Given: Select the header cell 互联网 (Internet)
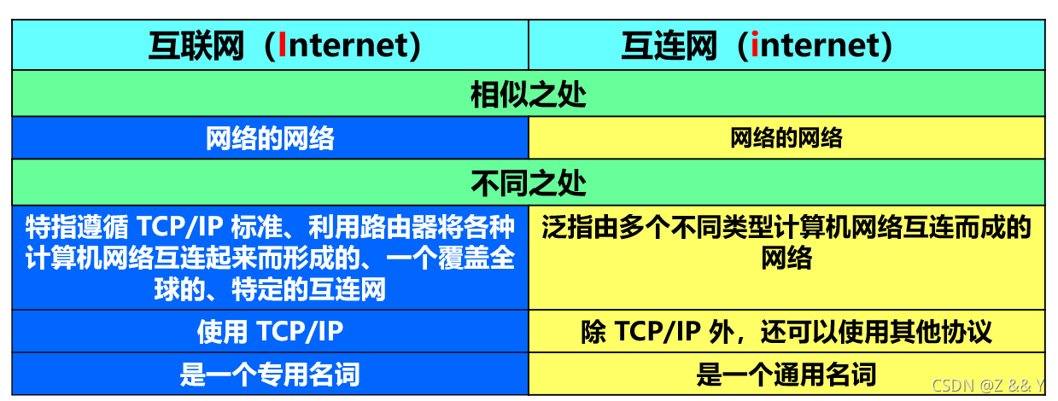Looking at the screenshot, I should tap(285, 45).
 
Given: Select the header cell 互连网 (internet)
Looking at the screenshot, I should tap(757, 45).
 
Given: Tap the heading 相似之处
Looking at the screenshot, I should tap(529, 94).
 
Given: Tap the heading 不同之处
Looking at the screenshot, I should tap(529, 182).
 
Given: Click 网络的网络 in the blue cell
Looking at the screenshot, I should tap(270, 138).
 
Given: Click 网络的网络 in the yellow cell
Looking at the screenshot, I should tap(786, 138).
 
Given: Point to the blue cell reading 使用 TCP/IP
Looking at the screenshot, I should tap(270, 332).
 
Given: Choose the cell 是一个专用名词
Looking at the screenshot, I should tap(270, 374).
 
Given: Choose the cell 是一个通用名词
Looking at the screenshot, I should tap(786, 374).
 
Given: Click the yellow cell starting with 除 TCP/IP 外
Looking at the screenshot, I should tap(786, 332).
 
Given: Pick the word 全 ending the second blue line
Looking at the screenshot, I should tap(504, 259).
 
